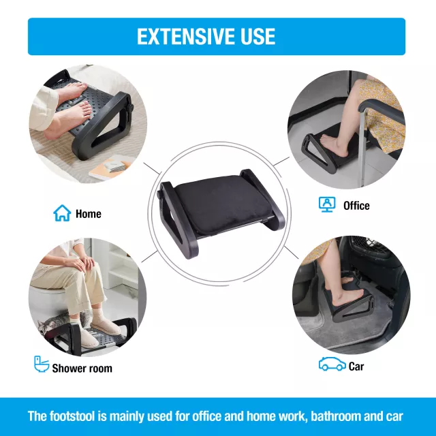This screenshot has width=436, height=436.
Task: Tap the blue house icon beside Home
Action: [x=62, y=213]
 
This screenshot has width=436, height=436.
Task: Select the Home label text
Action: [x=89, y=214]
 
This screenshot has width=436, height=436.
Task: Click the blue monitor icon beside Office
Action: [x=327, y=204]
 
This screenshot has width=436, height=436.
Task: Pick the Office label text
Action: [x=356, y=206]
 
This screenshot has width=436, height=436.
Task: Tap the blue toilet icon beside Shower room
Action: [x=42, y=364]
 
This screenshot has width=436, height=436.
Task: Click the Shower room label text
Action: [x=82, y=369]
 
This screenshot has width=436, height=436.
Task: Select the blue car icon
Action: [x=332, y=364]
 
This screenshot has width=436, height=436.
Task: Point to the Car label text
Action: [x=356, y=367]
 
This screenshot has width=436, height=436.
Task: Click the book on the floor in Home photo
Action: [x=111, y=167]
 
